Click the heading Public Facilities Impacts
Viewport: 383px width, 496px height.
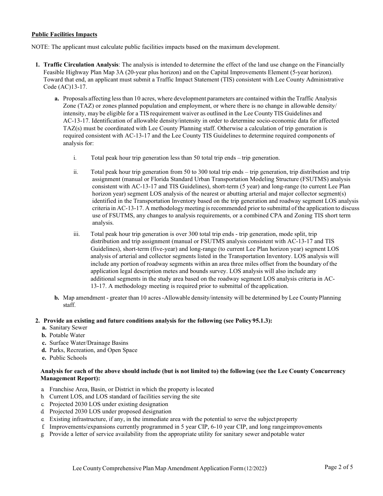(64, 35)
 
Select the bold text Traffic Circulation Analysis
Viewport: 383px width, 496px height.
(81, 65)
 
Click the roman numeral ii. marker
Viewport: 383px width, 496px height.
(76, 172)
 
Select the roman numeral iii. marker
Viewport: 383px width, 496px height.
(76, 234)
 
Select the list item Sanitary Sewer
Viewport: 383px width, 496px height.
(68, 328)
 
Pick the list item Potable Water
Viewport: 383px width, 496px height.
(67, 335)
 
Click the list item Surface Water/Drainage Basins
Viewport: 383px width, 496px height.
(83, 343)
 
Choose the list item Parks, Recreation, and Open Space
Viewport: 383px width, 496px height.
(93, 350)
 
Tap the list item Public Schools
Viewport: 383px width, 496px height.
(68, 358)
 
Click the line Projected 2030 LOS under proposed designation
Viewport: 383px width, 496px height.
(110, 412)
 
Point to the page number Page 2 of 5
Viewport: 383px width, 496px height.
(339, 467)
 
